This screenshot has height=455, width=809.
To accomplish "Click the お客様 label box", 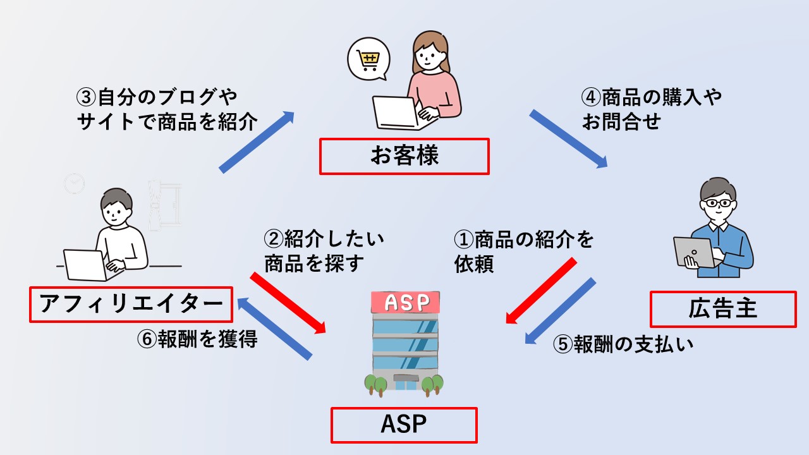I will pos(404,157).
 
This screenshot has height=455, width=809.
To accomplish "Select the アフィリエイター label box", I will pos(131,305).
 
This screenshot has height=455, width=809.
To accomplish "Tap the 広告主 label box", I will pos(722,309).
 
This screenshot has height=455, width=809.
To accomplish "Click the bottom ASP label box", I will pos(404,425).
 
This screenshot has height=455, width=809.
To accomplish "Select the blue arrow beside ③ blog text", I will pos(257,141).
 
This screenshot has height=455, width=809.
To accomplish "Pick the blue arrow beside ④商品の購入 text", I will pos(568,138).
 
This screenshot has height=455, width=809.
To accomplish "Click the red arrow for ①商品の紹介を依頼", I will pos(542,291).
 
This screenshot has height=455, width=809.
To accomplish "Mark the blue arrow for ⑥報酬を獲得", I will pos(274,329).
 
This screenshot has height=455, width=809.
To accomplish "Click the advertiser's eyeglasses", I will pos(719,203).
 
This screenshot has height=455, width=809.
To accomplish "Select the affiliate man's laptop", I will pos(86,264).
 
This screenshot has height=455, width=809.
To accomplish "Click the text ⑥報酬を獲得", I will pos(197,339).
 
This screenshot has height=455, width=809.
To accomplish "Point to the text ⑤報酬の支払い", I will pos(623,344).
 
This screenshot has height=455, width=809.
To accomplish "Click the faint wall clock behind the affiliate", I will pos(74,184).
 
